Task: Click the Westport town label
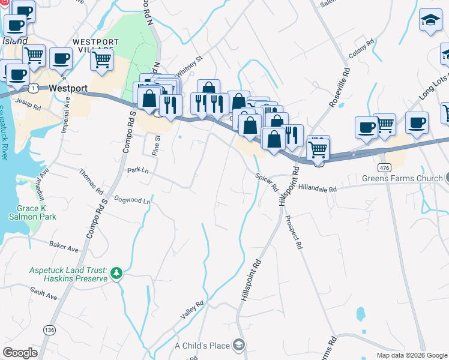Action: coord(68,88)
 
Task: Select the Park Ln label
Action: coord(137,170)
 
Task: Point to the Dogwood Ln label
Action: coord(132,200)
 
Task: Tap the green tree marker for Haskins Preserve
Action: coord(116,275)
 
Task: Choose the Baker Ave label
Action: coord(64,247)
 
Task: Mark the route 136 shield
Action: coord(49,330)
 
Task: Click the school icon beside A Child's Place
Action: coord(239,345)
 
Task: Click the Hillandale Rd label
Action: coord(317,188)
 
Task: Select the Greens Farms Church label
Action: coord(402,179)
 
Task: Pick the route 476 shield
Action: coord(385,165)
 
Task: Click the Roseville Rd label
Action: coord(340,87)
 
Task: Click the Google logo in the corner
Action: coord(20,353)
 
